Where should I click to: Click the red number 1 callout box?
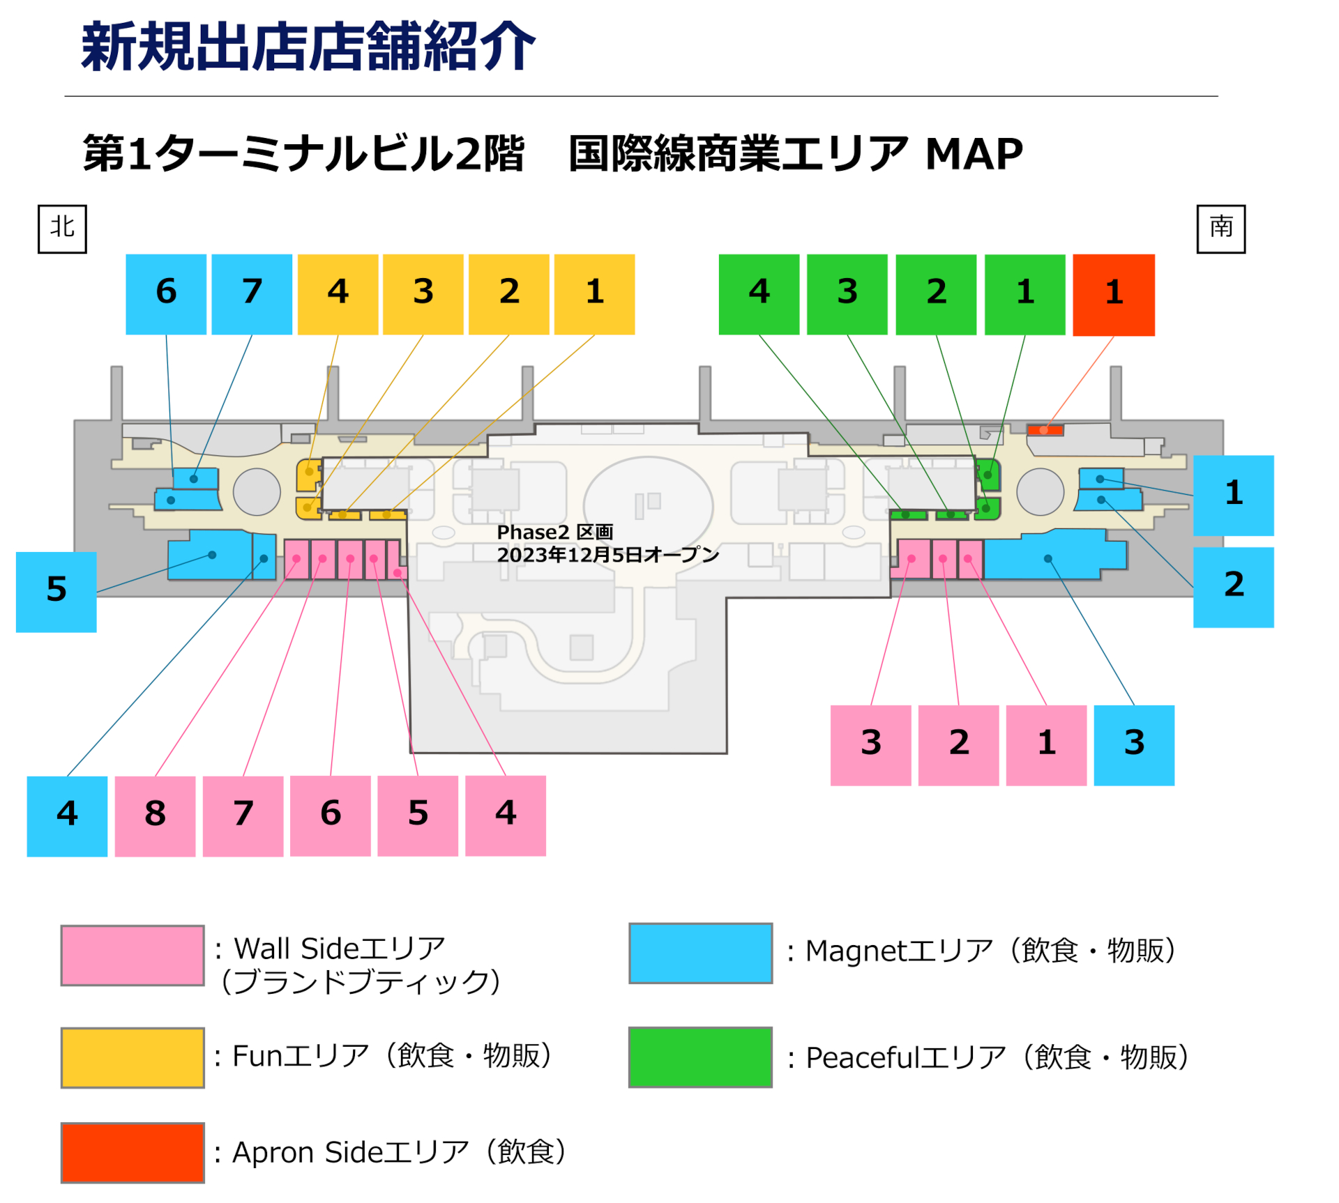1113,294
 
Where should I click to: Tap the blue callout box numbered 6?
166,294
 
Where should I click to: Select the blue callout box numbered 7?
252,294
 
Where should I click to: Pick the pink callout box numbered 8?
155,815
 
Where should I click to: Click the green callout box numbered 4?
759,294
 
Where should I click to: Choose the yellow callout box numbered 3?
423,294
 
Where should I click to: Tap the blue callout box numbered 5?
56,592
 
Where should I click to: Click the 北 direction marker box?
62,229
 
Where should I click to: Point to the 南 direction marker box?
1220,229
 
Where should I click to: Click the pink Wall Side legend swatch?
133,955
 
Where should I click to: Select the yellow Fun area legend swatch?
133,1057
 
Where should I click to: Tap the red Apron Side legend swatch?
133,1152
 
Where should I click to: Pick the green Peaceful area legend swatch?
700,1057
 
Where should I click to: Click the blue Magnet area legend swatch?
700,953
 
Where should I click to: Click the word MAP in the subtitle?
974,154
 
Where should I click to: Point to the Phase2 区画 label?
554,532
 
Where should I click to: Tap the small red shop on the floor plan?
1045,430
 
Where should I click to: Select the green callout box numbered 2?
936,294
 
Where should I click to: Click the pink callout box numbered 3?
870,745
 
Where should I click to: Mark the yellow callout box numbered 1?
594,294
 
